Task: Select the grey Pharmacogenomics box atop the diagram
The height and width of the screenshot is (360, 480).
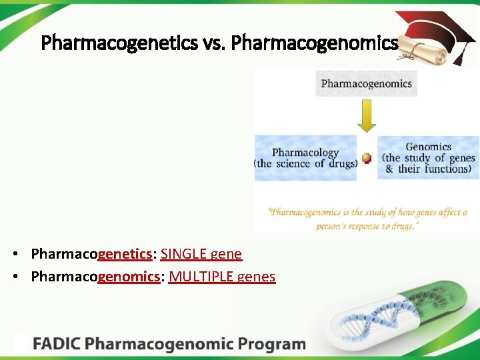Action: (366, 84)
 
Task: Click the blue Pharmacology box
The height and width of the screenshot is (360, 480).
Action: (305, 159)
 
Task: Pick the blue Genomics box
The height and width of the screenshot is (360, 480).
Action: (428, 158)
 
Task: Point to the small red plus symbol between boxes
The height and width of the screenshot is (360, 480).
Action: (366, 159)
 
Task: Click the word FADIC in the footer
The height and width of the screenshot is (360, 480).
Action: (57, 345)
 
